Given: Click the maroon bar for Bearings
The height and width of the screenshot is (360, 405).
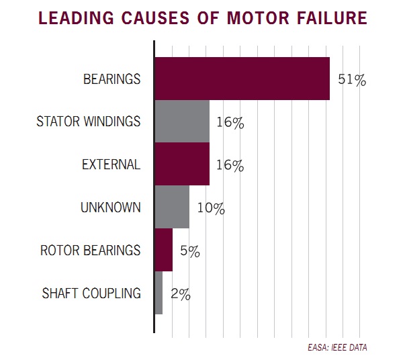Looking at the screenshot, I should tap(242, 79).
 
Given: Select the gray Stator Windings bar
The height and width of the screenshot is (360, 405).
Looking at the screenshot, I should tap(182, 122).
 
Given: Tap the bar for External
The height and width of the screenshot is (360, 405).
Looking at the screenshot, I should tap(182, 165).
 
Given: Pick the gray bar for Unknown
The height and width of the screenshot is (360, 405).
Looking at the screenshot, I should tap(172, 208).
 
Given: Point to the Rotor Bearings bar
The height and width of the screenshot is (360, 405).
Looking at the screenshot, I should tap(164, 251).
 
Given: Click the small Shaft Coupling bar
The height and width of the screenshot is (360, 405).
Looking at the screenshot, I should tap(159, 293).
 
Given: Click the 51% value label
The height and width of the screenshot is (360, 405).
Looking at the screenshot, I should tap(352, 80).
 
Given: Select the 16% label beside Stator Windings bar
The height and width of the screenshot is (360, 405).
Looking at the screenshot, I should tap(230, 123).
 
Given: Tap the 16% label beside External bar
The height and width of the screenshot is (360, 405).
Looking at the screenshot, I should tap(230, 165).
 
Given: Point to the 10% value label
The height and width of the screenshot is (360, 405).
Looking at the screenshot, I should tap(210, 208).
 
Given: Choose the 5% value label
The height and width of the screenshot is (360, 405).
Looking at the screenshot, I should tap(191, 251).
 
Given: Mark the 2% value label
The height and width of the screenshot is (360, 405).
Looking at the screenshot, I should tap(181, 294).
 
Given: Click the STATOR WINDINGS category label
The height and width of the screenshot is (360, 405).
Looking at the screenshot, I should tap(88, 122).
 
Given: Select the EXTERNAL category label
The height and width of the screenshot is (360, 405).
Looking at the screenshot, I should tap(111, 165).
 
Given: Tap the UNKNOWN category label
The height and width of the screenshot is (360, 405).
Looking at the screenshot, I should tap(111, 208).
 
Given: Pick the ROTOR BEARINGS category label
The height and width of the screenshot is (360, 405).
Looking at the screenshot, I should tap(91, 251).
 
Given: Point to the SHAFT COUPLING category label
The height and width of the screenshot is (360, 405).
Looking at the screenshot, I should tap(91, 293).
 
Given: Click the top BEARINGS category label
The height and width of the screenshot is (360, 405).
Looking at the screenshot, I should tap(112, 79).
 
